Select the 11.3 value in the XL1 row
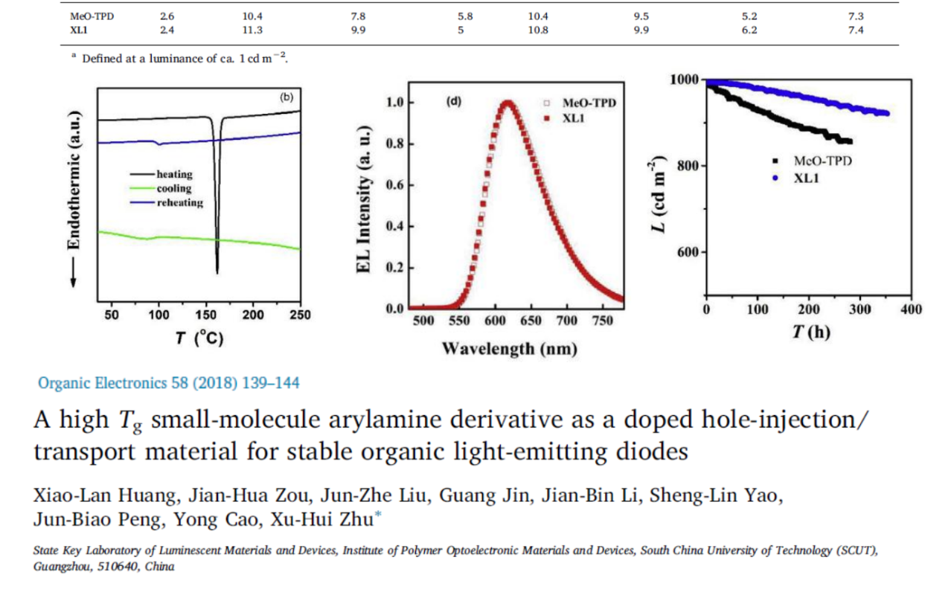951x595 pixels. (252, 30)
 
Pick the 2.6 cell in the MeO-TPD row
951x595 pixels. (167, 16)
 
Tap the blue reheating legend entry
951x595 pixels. (179, 202)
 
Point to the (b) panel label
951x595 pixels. (286, 97)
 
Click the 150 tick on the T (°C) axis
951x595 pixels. (205, 315)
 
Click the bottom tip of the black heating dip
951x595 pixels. (217, 272)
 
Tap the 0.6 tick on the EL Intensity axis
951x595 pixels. (394, 185)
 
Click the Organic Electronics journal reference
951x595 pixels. (169, 383)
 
